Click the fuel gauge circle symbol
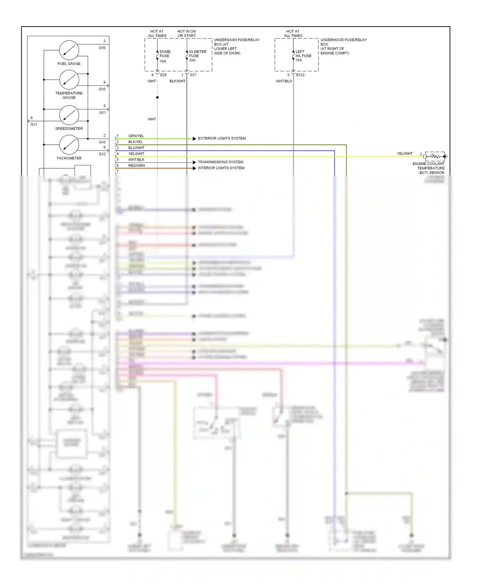(69, 50)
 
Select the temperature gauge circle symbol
(69, 80)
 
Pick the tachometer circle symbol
(69, 145)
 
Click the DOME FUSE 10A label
(165, 56)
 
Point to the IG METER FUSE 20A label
(197, 56)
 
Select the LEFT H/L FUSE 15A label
(303, 56)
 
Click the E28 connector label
(163, 75)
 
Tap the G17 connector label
(193, 75)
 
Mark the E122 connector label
(300, 75)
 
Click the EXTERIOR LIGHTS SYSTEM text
(222, 138)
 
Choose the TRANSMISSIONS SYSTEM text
(220, 162)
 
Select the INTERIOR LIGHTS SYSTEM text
(221, 168)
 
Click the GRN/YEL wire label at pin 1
(136, 136)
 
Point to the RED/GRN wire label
(136, 165)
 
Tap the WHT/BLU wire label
(284, 81)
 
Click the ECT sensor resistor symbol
(435, 156)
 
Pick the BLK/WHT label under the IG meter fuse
(177, 81)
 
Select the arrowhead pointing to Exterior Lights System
(194, 139)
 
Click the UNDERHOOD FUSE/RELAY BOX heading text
(343, 40)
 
